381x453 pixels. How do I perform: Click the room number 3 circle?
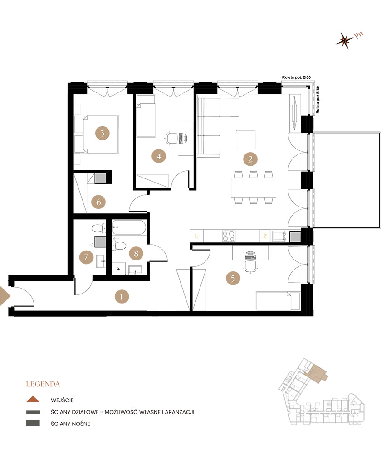tap(102, 133)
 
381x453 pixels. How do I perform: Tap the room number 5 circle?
tap(233, 278)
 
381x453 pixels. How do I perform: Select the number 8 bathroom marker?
tap(136, 253)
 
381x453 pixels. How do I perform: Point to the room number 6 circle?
tap(98, 202)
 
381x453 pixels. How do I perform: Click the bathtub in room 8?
tap(129, 227)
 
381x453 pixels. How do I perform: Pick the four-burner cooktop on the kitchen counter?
tap(229, 236)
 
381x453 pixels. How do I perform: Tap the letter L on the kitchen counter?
tap(197, 236)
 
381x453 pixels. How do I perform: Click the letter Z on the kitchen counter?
tap(265, 236)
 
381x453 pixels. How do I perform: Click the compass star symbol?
tap(344, 40)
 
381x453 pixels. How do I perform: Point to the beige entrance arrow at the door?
tap(5, 296)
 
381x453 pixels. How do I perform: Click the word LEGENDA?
tap(43, 384)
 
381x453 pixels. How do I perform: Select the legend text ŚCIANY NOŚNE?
tap(70, 424)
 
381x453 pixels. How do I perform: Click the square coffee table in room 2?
tap(246, 140)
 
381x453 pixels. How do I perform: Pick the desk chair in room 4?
tap(171, 138)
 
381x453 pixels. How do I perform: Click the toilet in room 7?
tap(99, 228)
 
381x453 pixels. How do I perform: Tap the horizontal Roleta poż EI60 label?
tap(296, 77)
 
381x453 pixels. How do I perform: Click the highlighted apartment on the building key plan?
tap(317, 374)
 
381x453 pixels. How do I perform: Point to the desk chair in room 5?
tap(250, 266)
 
